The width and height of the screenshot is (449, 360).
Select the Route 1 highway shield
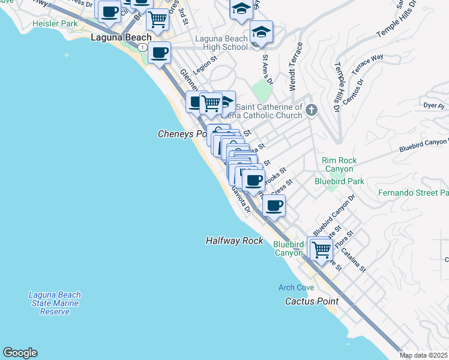click(142, 47)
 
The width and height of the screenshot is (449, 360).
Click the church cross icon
click(311, 110)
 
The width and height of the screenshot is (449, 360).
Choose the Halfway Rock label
click(234, 240)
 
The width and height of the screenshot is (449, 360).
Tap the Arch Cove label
click(296, 287)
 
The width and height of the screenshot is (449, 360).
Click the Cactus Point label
click(311, 301)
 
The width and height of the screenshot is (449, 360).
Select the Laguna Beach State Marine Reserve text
click(55, 303)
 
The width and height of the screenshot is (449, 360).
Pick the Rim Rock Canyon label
click(339, 164)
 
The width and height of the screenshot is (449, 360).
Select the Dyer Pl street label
click(433, 106)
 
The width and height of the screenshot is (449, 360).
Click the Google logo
click(20, 353)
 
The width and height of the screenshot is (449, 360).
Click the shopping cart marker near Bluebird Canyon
click(321, 248)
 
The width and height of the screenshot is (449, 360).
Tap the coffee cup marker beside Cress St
click(274, 206)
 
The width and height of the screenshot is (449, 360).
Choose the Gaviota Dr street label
click(241, 199)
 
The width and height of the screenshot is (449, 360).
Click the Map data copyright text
click(423, 355)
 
